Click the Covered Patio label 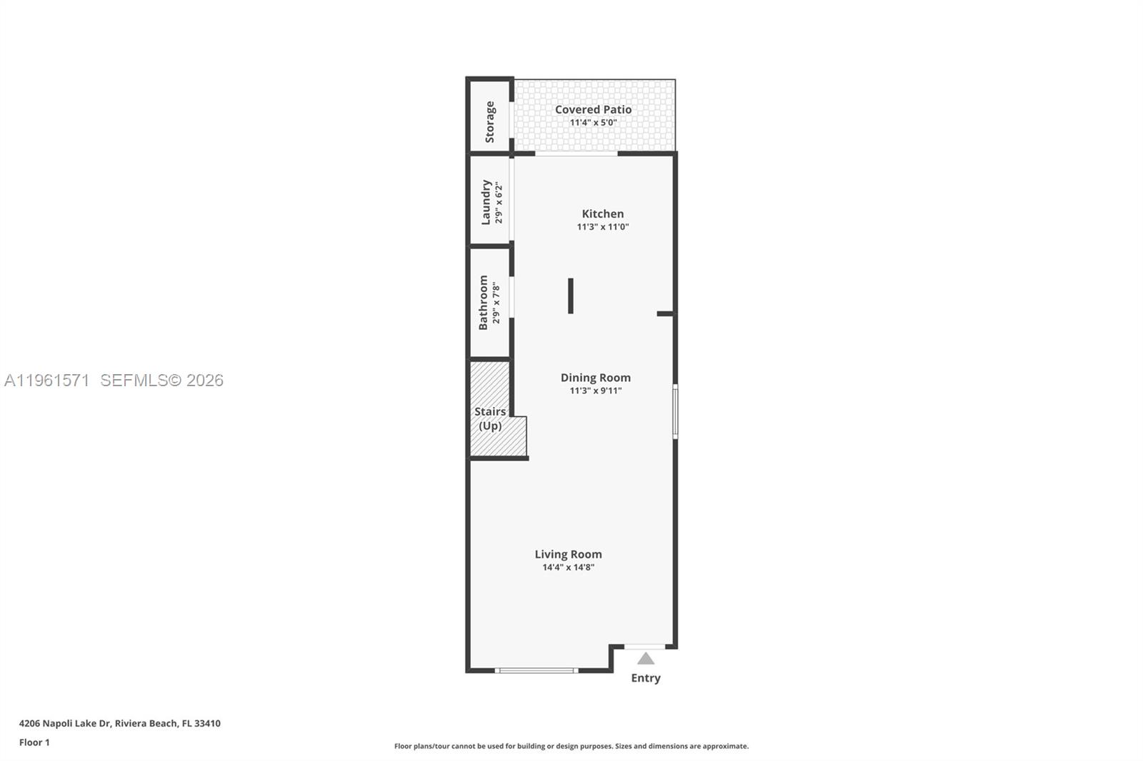point(593,109)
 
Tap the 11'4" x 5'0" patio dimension point(593,123)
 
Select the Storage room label point(490,121)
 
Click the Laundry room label point(486,202)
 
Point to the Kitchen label point(602,213)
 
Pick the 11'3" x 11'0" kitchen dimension point(602,227)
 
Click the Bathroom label point(484,302)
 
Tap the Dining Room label point(595,378)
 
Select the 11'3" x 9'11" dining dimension point(595,390)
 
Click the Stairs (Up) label point(490,418)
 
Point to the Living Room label point(568,554)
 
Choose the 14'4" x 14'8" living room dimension point(568,568)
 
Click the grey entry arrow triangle point(646,658)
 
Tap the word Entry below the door point(646,678)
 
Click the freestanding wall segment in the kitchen point(571,296)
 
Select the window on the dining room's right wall point(675,411)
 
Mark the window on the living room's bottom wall point(536,670)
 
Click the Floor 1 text point(34,742)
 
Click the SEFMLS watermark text point(161,380)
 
